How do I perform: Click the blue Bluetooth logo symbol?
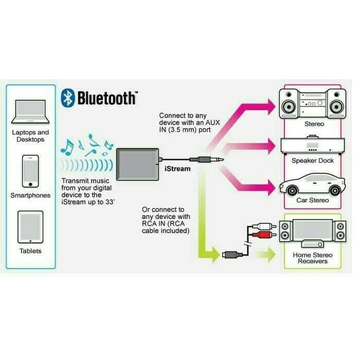(x=68, y=98)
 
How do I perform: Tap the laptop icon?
(x=30, y=112)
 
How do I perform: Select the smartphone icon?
(x=30, y=171)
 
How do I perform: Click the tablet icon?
(x=30, y=227)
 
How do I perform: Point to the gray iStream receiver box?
(x=137, y=165)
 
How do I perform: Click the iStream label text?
(x=177, y=169)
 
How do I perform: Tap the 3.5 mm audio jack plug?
(x=206, y=159)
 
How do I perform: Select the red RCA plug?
(x=264, y=235)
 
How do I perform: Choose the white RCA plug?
(x=264, y=226)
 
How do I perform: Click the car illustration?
(x=312, y=184)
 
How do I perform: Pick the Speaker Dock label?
(x=313, y=160)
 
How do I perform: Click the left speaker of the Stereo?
(x=289, y=103)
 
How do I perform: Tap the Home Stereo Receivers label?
(x=313, y=258)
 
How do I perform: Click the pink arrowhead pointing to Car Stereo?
(x=272, y=188)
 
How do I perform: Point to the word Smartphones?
(x=30, y=195)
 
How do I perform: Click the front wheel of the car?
(x=292, y=190)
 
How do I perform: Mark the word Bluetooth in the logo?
(x=107, y=98)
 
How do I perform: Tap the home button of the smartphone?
(x=30, y=184)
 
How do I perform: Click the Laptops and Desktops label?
(x=30, y=136)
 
